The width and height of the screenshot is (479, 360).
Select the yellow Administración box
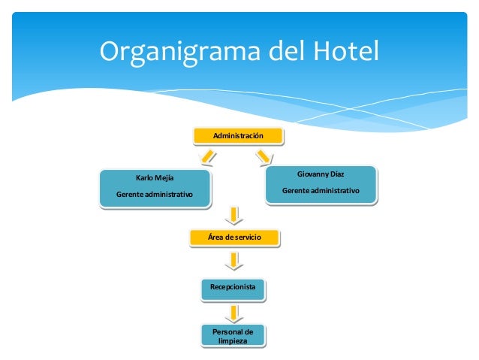click(x=238, y=136)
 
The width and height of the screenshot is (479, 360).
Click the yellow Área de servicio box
click(x=235, y=237)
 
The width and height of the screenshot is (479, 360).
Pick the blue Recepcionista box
click(x=233, y=288)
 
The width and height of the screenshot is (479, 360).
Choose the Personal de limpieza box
click(x=233, y=336)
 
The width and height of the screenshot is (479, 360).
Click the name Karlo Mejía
click(x=154, y=178)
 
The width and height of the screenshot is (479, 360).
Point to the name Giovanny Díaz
click(x=321, y=174)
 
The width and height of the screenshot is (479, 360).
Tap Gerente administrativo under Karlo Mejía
click(x=154, y=195)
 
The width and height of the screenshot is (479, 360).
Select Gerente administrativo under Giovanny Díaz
click(x=321, y=191)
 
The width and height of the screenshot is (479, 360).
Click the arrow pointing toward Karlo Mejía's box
click(x=206, y=157)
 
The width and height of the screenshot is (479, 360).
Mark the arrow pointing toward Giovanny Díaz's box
click(x=264, y=156)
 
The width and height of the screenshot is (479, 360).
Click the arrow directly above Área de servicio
click(x=235, y=214)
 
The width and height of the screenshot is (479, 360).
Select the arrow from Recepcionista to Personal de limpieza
click(x=233, y=312)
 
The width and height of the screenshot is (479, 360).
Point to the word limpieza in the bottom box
click(x=233, y=341)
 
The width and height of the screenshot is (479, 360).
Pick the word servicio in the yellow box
click(x=246, y=237)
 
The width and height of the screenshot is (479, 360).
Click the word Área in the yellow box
click(x=216, y=237)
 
